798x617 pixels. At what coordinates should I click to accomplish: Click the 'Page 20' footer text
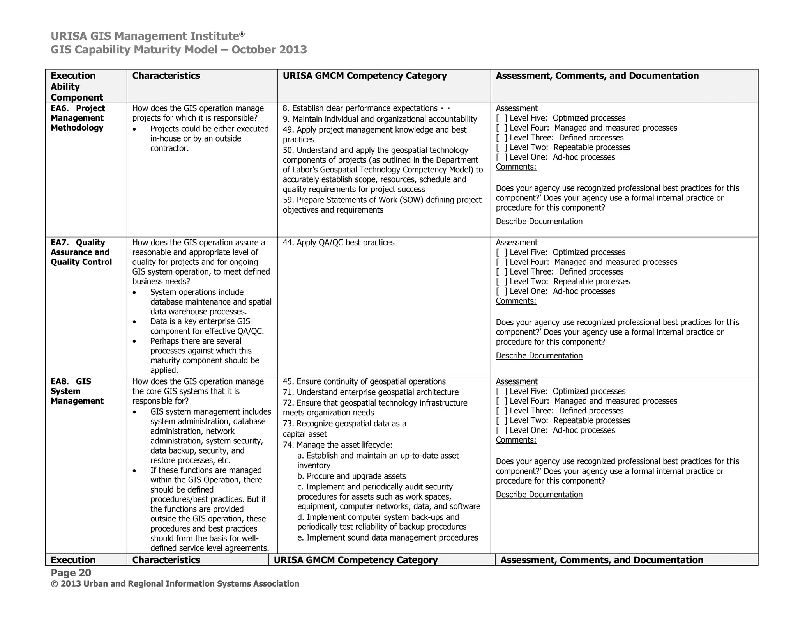tap(71, 573)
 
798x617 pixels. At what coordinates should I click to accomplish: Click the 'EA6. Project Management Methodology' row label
tap(78, 118)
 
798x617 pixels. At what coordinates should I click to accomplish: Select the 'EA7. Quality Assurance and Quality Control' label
tap(81, 252)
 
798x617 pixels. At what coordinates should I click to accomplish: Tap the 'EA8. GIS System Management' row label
tap(77, 391)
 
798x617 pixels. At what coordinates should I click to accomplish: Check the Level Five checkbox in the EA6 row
tap(501, 118)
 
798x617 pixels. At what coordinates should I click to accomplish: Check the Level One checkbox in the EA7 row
tap(501, 291)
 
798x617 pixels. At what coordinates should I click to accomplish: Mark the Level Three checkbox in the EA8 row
tap(501, 411)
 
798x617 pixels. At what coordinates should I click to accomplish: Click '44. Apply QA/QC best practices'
tap(338, 243)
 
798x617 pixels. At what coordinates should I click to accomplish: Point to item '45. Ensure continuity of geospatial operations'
tap(364, 381)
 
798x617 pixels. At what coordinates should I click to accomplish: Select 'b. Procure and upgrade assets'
tap(351, 476)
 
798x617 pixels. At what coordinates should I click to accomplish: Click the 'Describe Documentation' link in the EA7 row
tap(539, 356)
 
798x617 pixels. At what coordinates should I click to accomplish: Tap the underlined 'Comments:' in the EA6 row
tap(516, 167)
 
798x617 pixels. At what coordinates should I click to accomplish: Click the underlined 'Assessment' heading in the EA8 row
tap(516, 381)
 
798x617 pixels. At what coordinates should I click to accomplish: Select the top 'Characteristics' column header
tap(166, 76)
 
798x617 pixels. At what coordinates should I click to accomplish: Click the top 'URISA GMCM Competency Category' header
tap(364, 76)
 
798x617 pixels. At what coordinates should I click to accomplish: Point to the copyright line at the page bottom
tap(175, 584)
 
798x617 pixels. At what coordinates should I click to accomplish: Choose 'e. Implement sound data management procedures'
tap(387, 538)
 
